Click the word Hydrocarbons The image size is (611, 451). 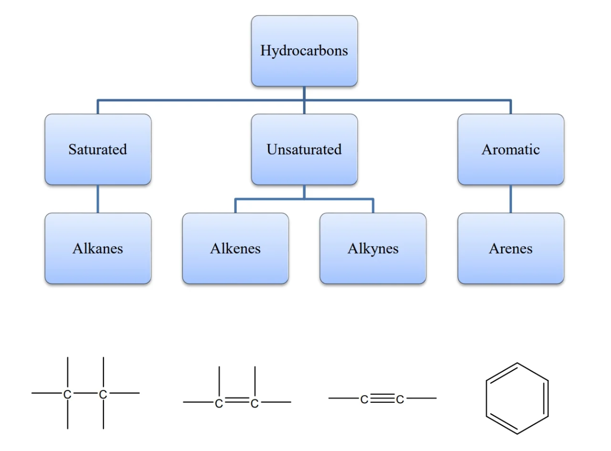[x=304, y=51]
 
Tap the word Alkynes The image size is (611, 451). [x=373, y=249]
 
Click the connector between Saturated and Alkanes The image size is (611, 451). [x=98, y=199]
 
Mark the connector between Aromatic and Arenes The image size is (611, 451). [x=511, y=199]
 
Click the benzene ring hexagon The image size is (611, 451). [x=517, y=398]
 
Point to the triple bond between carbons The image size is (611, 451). [x=382, y=398]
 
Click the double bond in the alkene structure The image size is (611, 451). [x=237, y=400]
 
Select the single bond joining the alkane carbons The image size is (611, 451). [x=85, y=393]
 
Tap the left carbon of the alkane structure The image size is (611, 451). [x=68, y=394]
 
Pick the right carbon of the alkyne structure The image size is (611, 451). [x=400, y=399]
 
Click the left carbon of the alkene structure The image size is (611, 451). [x=219, y=403]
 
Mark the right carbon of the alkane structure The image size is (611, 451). [x=103, y=394]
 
